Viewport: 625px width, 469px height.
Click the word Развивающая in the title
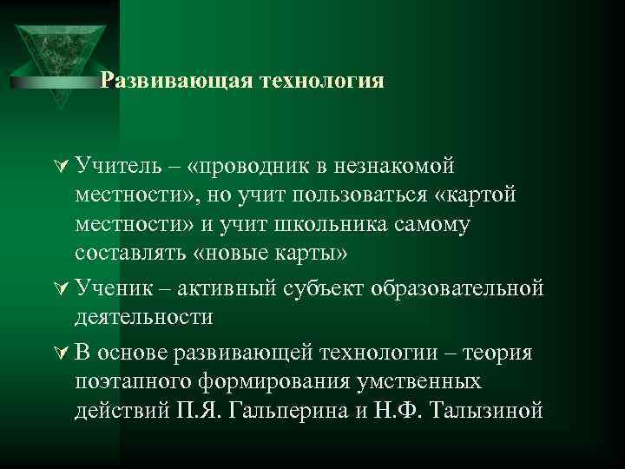(174, 81)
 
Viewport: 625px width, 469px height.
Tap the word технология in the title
(320, 81)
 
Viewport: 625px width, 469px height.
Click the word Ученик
(115, 287)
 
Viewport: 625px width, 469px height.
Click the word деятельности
(144, 317)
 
